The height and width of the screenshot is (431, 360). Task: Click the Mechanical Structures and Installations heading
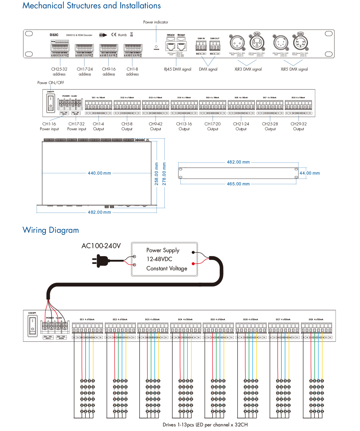[x=91, y=6]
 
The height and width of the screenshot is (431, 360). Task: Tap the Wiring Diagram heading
[x=51, y=230]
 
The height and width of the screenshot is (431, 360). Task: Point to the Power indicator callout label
[x=156, y=22]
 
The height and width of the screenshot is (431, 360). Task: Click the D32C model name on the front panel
[x=54, y=35]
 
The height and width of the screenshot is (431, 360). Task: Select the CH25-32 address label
[x=59, y=71]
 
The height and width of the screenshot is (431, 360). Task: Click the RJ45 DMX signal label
[x=178, y=69]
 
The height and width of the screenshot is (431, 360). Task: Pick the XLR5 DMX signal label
[x=294, y=69]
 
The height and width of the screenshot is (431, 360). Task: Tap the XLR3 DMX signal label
[x=248, y=69]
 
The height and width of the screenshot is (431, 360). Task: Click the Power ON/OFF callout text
[x=51, y=83]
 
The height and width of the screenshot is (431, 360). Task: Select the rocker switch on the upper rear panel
[x=50, y=103]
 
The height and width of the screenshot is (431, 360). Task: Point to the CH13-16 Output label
[x=184, y=126]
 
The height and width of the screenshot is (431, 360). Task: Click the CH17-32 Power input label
[x=76, y=126]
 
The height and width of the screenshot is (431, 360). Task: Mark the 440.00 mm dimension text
[x=99, y=173]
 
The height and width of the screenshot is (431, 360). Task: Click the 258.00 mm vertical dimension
[x=157, y=174]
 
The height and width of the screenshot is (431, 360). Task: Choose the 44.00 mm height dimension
[x=310, y=173]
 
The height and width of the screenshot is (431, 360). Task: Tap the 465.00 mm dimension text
[x=238, y=184]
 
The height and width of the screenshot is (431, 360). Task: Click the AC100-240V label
[x=101, y=246]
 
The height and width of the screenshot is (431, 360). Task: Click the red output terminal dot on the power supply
[x=193, y=264]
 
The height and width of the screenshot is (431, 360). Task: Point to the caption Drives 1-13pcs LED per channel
[x=205, y=425]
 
